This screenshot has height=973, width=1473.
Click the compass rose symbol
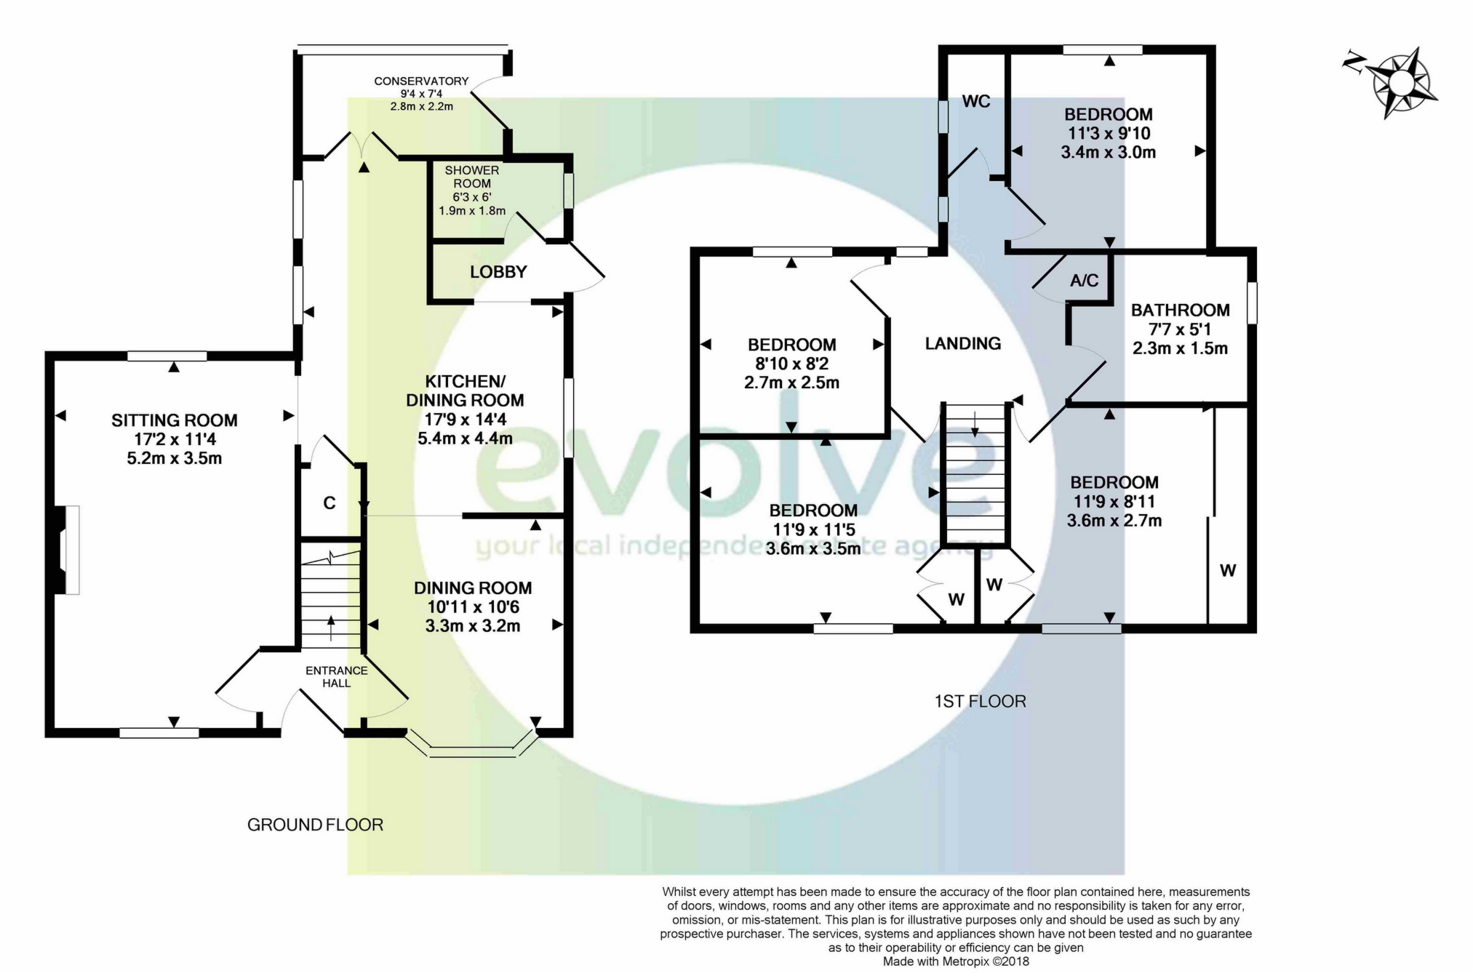pyautogui.click(x=1395, y=82)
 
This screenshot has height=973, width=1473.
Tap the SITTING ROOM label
pyautogui.click(x=175, y=420)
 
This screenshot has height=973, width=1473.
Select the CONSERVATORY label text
pyautogui.click(x=421, y=81)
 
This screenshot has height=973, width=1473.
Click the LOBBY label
pyautogui.click(x=498, y=272)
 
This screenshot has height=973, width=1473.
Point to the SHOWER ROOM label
pyautogui.click(x=472, y=177)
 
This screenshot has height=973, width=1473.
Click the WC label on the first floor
pyautogui.click(x=976, y=102)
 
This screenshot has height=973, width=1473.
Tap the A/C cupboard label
pyautogui.click(x=1084, y=281)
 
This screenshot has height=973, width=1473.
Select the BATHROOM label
pyautogui.click(x=1180, y=310)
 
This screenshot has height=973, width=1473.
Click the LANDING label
pyautogui.click(x=963, y=343)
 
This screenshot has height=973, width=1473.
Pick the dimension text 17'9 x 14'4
pyautogui.click(x=466, y=420)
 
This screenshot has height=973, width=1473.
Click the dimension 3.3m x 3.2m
pyautogui.click(x=473, y=626)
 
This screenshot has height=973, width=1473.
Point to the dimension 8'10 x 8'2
pyautogui.click(x=792, y=364)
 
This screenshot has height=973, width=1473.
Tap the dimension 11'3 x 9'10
pyautogui.click(x=1109, y=133)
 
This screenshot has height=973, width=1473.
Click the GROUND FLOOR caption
pyautogui.click(x=315, y=825)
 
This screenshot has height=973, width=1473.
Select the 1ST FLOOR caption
pyautogui.click(x=980, y=702)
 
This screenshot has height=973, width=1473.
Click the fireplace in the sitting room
pyautogui.click(x=66, y=550)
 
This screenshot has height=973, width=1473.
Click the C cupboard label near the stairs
pyautogui.click(x=330, y=503)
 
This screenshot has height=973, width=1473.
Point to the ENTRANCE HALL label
pyautogui.click(x=336, y=677)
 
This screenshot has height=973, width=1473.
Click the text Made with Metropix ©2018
pyautogui.click(x=956, y=961)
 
